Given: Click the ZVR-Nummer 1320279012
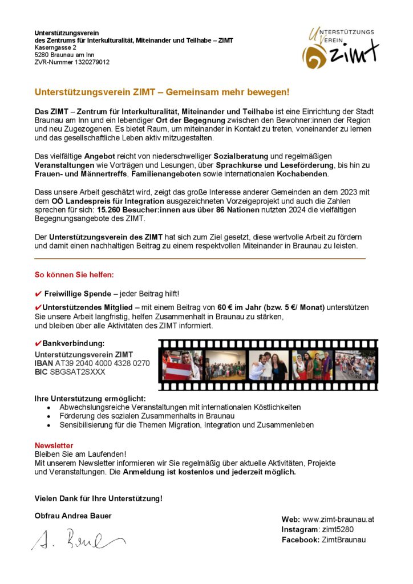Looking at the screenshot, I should [x=72, y=62].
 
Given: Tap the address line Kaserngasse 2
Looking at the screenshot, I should [x=55, y=48].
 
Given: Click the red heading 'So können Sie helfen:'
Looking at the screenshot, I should [x=74, y=274].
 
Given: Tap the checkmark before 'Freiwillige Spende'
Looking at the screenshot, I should [x=38, y=294].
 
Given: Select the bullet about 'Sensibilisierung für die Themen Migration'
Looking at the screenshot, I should [x=186, y=425].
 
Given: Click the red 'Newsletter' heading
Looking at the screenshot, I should [x=54, y=445].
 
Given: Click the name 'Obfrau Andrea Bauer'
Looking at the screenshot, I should [x=73, y=516].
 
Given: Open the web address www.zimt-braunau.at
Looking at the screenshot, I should [x=338, y=520].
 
